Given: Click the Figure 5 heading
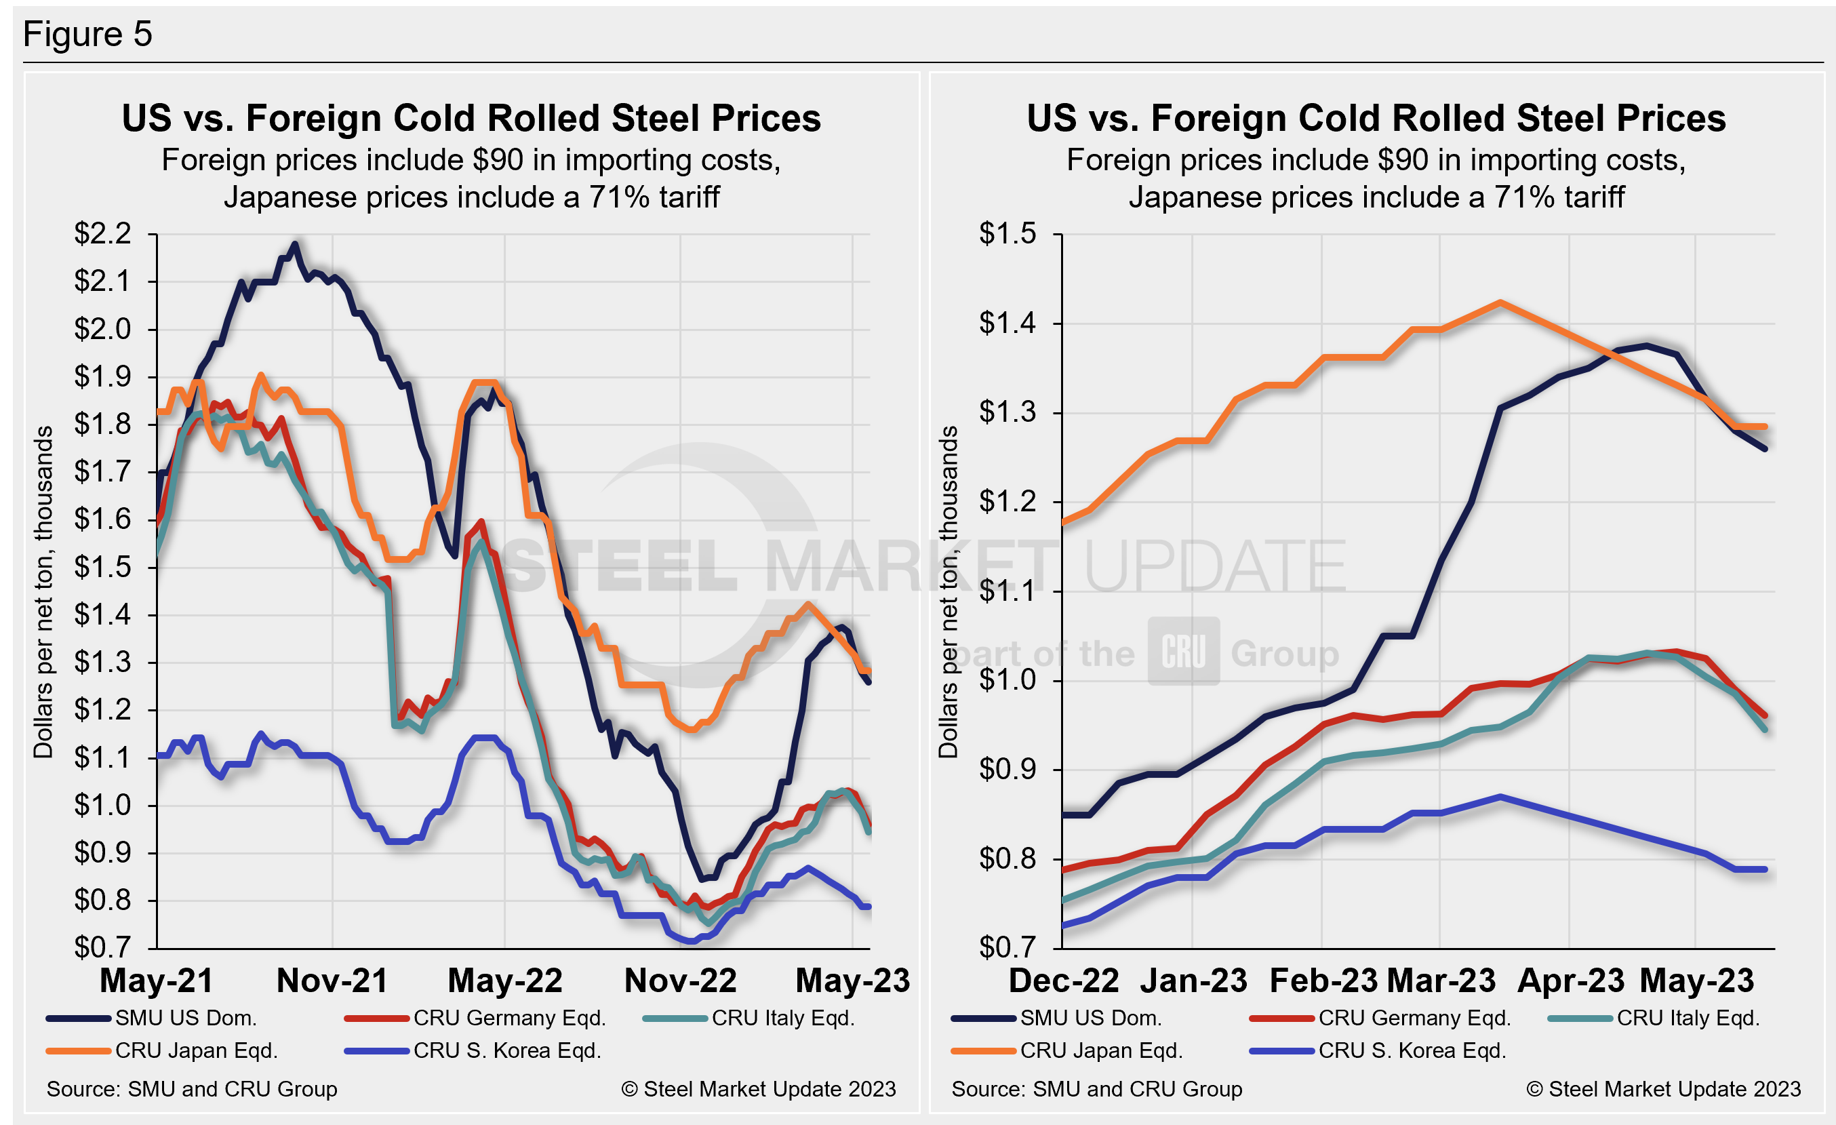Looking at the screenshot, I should point(87,35).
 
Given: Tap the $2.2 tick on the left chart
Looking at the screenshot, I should point(102,234).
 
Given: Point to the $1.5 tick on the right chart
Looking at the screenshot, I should point(1007,234).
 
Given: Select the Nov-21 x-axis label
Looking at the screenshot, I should point(332,981).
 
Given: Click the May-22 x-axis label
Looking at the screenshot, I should point(505,981).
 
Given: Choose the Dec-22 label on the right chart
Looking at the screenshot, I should point(1063,981).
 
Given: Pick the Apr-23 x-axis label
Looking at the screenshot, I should point(1571,981).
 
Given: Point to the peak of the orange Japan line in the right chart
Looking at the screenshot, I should point(1500,302).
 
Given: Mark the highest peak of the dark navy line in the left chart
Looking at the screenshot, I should point(296,243).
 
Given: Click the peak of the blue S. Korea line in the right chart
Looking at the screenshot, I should point(1500,796).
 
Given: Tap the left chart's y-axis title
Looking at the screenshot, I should point(43,592).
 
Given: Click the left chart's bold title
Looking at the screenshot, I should point(471,119).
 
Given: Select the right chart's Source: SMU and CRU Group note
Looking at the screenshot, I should point(1097,1089).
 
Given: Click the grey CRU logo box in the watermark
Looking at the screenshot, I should point(1183,651).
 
